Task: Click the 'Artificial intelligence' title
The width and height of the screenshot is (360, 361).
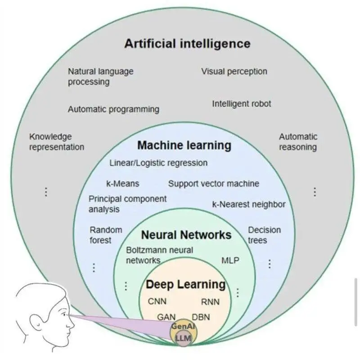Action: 187,44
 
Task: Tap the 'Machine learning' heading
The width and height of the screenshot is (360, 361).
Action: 184,145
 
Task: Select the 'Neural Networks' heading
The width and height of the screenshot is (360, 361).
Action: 186,235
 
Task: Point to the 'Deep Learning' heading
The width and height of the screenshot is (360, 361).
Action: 185,284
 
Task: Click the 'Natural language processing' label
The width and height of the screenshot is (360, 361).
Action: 100,77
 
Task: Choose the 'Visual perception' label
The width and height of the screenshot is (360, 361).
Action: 234,71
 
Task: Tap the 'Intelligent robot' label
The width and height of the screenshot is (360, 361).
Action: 242,104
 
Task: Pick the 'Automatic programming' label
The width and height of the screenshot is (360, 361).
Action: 113,109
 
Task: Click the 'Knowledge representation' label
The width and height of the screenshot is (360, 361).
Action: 56,142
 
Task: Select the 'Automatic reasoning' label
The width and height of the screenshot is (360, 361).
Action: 298,142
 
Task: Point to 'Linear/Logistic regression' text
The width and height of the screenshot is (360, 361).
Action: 158,162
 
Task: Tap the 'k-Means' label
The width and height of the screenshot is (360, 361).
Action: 122,184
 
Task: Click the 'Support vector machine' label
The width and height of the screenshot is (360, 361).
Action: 214,184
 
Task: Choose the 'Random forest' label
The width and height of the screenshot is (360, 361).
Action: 106,235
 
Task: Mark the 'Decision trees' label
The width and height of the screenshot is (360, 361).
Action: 264,235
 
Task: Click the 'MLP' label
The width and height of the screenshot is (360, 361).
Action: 230,260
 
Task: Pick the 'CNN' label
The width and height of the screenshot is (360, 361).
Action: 157,301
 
